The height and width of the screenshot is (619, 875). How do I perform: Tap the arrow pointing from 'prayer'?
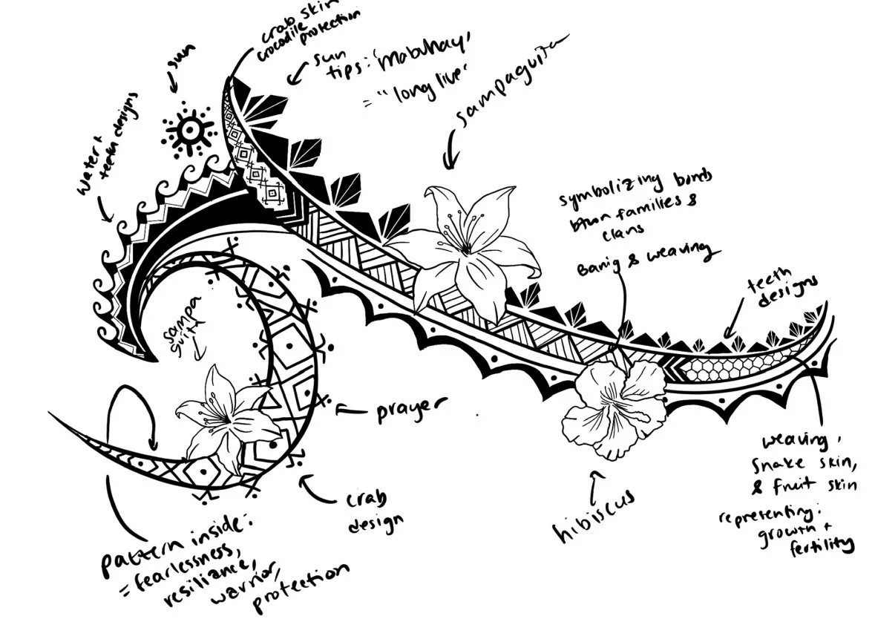coord(351,407)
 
